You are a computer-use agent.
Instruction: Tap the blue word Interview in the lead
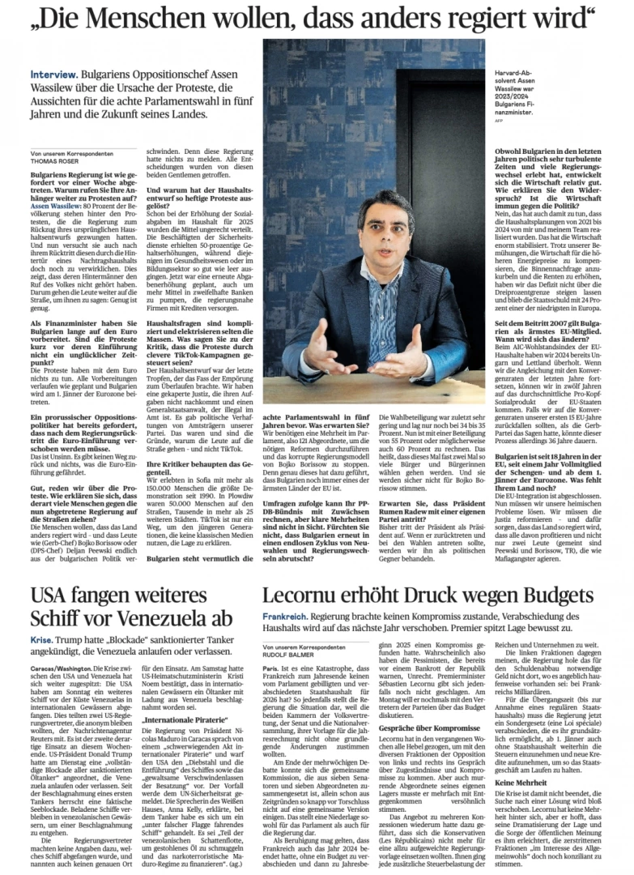click(x=51, y=73)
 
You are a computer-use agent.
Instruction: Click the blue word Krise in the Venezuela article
click(x=43, y=638)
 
